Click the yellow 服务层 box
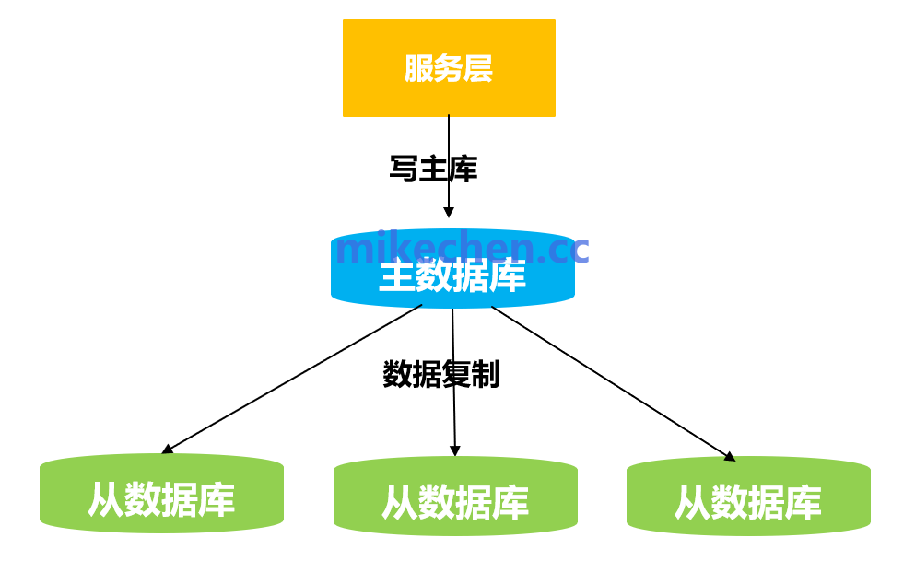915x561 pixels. (449, 68)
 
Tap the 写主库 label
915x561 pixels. (433, 169)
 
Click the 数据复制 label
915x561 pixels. (440, 374)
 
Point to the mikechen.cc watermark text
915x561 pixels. (462, 248)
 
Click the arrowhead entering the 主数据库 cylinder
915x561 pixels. (449, 212)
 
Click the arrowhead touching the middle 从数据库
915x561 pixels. (454, 450)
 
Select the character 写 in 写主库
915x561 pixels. (404, 169)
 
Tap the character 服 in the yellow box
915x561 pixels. (419, 69)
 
